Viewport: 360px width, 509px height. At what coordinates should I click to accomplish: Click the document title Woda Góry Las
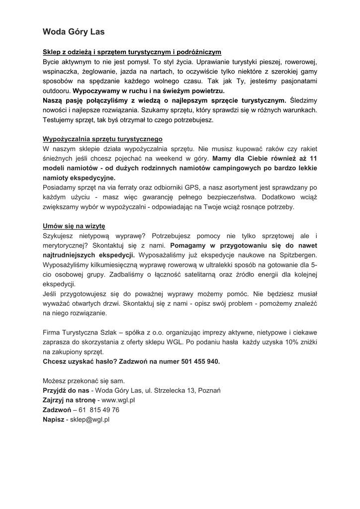point(74,32)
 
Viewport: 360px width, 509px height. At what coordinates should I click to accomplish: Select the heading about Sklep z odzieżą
point(132,52)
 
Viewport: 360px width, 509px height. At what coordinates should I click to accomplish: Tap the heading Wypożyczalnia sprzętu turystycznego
point(102,139)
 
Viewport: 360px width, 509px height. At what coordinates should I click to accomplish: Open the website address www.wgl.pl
point(119,400)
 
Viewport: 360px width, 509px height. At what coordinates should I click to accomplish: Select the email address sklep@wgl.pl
point(90,420)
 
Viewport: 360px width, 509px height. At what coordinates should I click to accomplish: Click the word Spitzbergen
point(294,255)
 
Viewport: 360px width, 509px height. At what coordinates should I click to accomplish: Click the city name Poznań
point(209,390)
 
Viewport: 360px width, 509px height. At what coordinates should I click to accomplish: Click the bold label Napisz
point(54,420)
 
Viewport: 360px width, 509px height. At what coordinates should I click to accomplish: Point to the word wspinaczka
point(60,72)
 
